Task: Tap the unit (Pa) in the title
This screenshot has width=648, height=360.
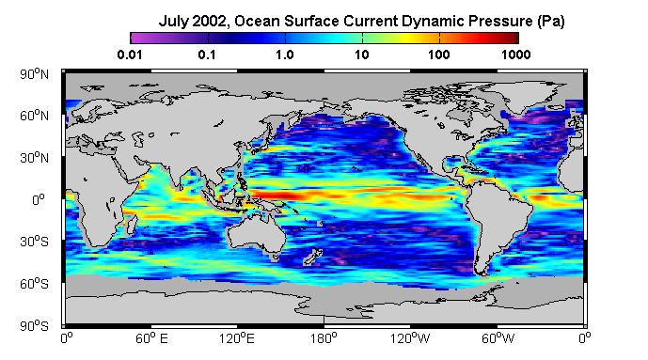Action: (551, 22)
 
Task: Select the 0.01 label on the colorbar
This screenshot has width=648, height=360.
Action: (130, 55)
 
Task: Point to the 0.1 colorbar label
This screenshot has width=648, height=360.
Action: (207, 55)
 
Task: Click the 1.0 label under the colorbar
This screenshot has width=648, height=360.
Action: (285, 55)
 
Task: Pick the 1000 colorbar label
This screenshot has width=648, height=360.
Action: (515, 55)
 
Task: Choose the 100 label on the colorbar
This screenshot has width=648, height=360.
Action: (438, 55)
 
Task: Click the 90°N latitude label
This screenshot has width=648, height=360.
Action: (34, 74)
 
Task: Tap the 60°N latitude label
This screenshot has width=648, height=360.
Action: (34, 116)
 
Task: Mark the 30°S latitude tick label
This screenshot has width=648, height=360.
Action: (34, 242)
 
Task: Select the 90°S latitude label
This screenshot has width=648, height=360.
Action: (34, 326)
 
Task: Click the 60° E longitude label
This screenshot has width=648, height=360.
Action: (151, 339)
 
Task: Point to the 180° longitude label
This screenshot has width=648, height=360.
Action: (324, 339)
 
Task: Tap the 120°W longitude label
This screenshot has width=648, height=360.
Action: (410, 339)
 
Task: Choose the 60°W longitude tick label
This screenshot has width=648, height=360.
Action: (498, 339)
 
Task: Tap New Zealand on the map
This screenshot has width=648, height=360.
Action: (313, 257)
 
